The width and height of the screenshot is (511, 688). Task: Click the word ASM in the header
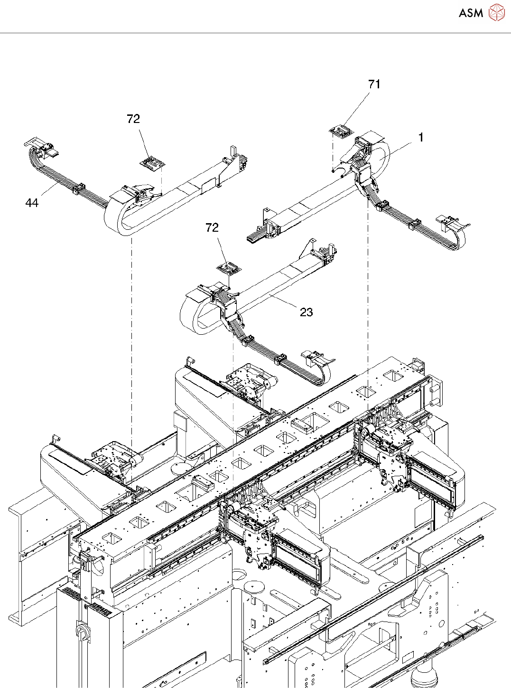click(471, 13)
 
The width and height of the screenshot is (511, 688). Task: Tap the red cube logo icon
click(496, 13)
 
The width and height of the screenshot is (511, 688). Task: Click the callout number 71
click(374, 85)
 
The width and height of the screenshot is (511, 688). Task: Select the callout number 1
click(420, 138)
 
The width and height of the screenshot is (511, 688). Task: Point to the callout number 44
click(32, 203)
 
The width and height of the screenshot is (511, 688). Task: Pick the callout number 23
click(307, 312)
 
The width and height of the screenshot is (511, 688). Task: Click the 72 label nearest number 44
click(133, 119)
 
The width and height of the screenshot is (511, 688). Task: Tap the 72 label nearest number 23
click(212, 228)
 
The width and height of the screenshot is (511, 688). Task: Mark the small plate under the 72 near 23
click(229, 269)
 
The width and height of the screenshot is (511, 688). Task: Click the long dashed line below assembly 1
click(368, 304)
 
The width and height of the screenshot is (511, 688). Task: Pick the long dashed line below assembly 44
click(131, 332)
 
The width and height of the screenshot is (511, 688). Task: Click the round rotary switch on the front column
click(81, 631)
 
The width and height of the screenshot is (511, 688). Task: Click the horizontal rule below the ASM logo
click(255, 33)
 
